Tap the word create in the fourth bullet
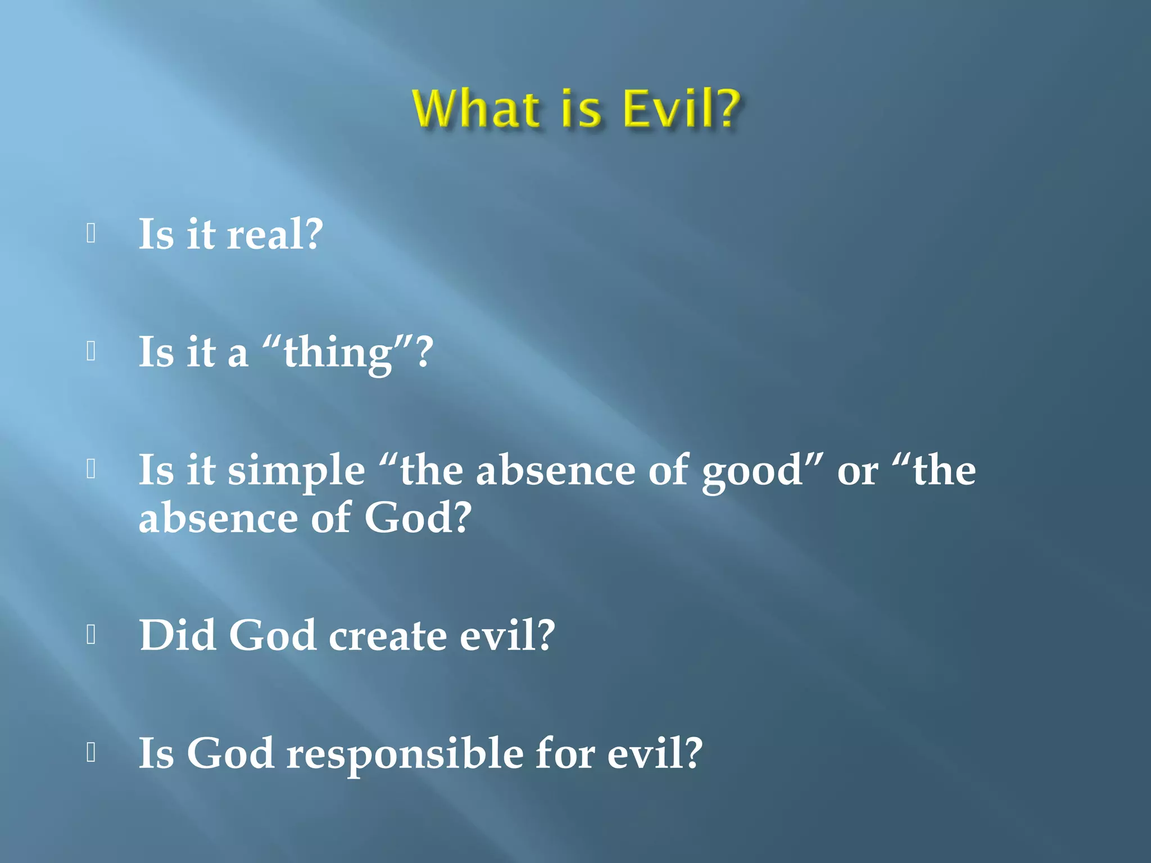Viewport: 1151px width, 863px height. pyautogui.click(x=388, y=636)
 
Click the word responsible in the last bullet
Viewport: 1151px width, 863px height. pyautogui.click(x=405, y=755)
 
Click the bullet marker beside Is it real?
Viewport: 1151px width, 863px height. pyautogui.click(x=91, y=233)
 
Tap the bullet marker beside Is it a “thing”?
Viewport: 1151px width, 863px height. pyautogui.click(x=91, y=351)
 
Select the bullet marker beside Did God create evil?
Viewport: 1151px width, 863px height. pyautogui.click(x=91, y=634)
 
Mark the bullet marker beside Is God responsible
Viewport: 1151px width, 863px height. pyautogui.click(x=91, y=752)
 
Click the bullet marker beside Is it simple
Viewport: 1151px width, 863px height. pyautogui.click(x=91, y=469)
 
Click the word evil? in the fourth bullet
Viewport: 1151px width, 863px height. pyautogui.click(x=507, y=636)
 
